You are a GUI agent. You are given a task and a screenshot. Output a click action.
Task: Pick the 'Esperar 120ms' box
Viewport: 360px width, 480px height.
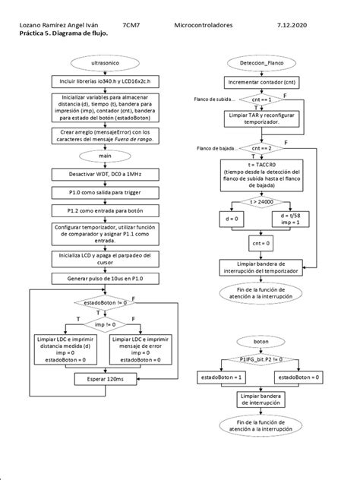pos(106,377)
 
